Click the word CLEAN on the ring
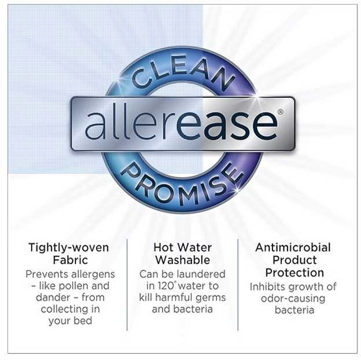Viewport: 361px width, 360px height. click(x=183, y=72)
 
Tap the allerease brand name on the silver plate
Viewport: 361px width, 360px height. click(x=181, y=125)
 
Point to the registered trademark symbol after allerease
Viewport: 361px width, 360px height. click(x=280, y=112)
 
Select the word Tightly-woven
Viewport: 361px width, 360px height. click(x=69, y=248)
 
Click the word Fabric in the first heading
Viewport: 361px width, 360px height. click(x=71, y=260)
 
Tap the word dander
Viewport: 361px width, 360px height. click(x=52, y=297)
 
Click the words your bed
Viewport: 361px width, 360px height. click(x=70, y=321)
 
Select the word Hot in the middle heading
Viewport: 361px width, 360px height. click(x=163, y=248)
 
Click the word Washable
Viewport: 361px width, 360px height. click(x=183, y=260)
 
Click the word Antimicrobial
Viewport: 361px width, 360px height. click(x=293, y=248)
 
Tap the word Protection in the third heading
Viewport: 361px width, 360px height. click(x=294, y=273)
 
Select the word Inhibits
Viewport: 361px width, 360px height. click(x=268, y=287)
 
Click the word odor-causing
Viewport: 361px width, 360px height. click(x=293, y=299)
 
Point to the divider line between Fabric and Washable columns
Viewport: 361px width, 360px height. click(x=127, y=285)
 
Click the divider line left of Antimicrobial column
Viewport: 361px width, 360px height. click(x=238, y=285)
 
